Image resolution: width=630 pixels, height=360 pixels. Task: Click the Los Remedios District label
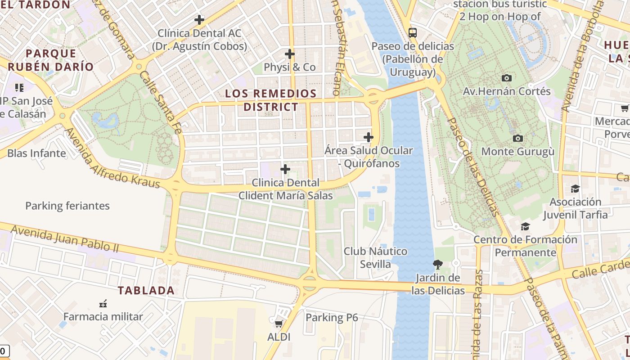point(271,100)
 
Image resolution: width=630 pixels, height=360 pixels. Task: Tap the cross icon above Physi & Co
point(290,54)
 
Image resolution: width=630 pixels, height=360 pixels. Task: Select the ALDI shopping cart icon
point(279,324)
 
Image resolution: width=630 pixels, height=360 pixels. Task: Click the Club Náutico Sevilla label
point(375,257)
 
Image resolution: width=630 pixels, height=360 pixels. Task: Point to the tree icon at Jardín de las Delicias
point(437,264)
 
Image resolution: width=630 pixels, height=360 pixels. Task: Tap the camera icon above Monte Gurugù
point(518,138)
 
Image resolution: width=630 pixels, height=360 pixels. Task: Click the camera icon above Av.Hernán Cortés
point(507,78)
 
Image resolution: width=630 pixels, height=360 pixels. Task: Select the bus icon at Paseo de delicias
point(413,32)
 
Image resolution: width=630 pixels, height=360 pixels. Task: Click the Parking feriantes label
point(67,206)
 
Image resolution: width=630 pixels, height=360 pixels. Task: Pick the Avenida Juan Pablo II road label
point(64,238)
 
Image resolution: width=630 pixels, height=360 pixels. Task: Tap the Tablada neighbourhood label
point(146,291)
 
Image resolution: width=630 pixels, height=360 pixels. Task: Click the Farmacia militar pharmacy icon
point(103,303)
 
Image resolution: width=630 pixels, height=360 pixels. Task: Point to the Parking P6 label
point(332,318)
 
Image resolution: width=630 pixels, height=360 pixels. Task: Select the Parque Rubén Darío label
point(50,60)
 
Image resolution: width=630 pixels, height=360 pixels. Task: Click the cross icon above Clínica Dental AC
point(199,20)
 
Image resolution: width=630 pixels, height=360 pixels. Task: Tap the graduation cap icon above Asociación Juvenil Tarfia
point(575,189)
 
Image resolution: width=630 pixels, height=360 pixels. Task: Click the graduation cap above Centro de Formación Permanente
point(525,226)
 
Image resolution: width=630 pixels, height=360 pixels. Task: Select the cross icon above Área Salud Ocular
point(369,137)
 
